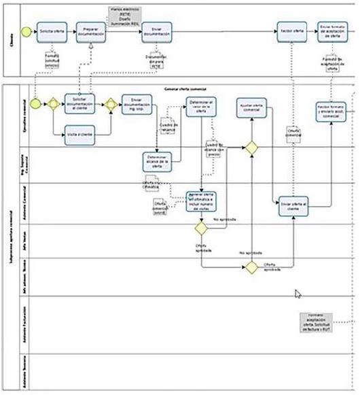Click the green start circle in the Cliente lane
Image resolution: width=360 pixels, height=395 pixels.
click(26, 32)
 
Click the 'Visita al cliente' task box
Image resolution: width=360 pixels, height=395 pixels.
click(79, 134)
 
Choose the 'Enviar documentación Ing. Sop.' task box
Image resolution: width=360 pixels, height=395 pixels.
click(137, 104)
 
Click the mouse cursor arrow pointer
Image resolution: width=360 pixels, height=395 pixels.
click(298, 294)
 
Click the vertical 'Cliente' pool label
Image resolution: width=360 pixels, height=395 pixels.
click(10, 39)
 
